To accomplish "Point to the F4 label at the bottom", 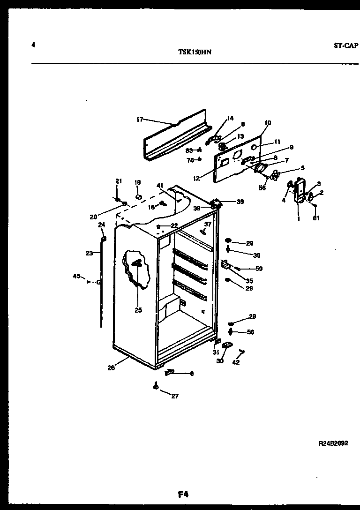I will click(183, 494).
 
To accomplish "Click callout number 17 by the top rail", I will click(139, 120).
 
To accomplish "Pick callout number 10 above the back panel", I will click(267, 123).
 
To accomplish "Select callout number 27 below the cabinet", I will click(174, 396).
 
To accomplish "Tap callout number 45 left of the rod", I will click(76, 276).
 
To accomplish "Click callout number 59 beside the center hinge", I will click(259, 269).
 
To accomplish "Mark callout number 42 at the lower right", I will click(236, 362).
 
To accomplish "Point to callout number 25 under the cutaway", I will click(138, 310).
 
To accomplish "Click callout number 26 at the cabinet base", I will click(111, 367).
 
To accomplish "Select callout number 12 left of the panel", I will click(196, 179).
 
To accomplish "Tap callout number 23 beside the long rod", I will click(89, 253).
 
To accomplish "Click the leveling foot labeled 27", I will click(155, 386).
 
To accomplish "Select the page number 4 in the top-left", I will click(33, 45).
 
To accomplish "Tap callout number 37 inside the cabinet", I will click(208, 224).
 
